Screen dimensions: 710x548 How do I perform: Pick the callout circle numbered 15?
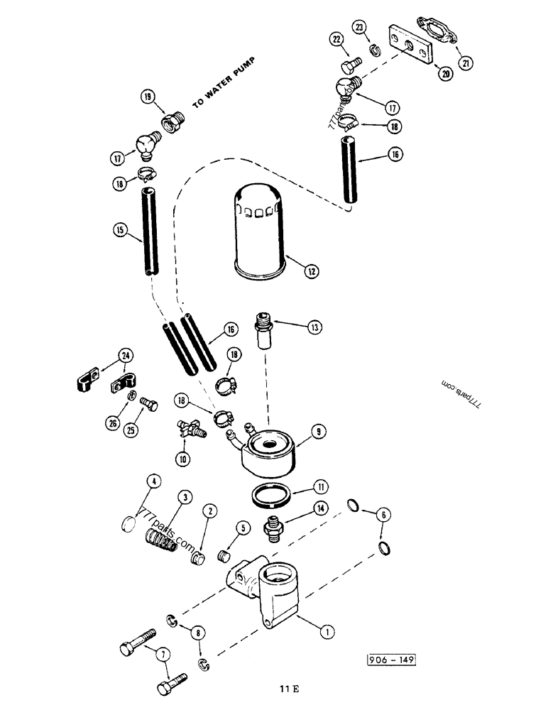click(121, 230)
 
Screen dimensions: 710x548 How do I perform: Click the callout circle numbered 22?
click(336, 39)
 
